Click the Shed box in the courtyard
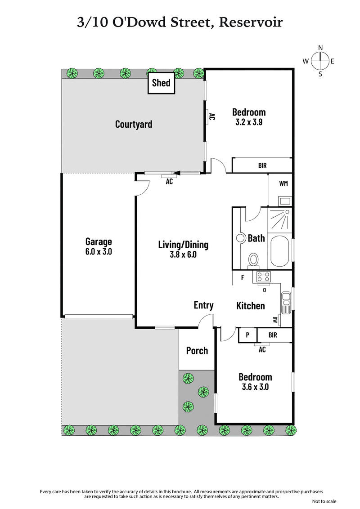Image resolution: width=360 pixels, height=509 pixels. point(161,83)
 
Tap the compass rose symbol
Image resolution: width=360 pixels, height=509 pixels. point(320,61)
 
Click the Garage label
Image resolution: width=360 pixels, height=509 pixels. point(99,241)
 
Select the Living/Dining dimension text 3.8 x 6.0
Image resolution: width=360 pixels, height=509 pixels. point(183,254)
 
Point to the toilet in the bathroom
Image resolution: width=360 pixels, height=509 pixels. point(254,260)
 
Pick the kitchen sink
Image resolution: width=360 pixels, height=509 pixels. point(286,302)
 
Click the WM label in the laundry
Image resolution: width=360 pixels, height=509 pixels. point(283,183)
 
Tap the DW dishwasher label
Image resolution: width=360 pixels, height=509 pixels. point(274,320)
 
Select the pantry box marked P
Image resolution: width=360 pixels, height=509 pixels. point(247,335)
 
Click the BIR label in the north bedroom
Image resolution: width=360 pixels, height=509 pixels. point(262,165)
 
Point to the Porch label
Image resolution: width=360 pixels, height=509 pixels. point(197,350)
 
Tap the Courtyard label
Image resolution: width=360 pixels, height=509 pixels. point(134,124)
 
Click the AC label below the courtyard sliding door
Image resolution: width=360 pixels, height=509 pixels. point(169,182)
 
